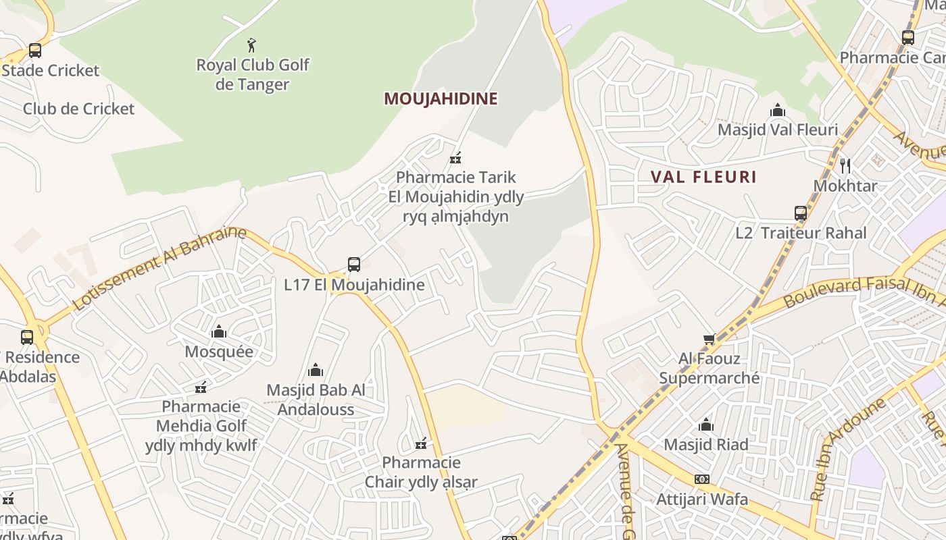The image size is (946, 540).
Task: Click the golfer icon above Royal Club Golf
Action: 251,45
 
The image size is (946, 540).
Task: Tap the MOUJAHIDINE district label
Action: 441,99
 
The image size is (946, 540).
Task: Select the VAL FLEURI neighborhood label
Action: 703,177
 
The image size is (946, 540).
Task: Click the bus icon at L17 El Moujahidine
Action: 354,265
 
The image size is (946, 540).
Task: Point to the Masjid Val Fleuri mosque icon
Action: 778,110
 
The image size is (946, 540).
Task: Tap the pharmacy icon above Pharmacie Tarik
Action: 456,159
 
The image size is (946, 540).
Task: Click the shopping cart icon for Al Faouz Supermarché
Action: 709,339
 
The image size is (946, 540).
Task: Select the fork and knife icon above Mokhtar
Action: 845,165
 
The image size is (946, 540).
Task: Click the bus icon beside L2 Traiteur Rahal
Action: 801,213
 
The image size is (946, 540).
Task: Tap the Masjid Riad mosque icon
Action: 706,425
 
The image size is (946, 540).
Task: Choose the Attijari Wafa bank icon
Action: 702,479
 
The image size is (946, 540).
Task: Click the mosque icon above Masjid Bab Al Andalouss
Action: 316,370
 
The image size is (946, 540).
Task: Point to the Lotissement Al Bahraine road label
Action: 159,268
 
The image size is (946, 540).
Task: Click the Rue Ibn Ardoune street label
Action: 848,449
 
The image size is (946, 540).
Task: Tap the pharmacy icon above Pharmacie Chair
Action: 421,443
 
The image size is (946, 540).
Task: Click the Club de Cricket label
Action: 78,109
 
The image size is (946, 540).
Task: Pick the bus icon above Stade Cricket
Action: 35,51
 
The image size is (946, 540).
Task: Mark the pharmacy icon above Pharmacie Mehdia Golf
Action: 201,387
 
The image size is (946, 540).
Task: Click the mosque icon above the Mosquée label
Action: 219,331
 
